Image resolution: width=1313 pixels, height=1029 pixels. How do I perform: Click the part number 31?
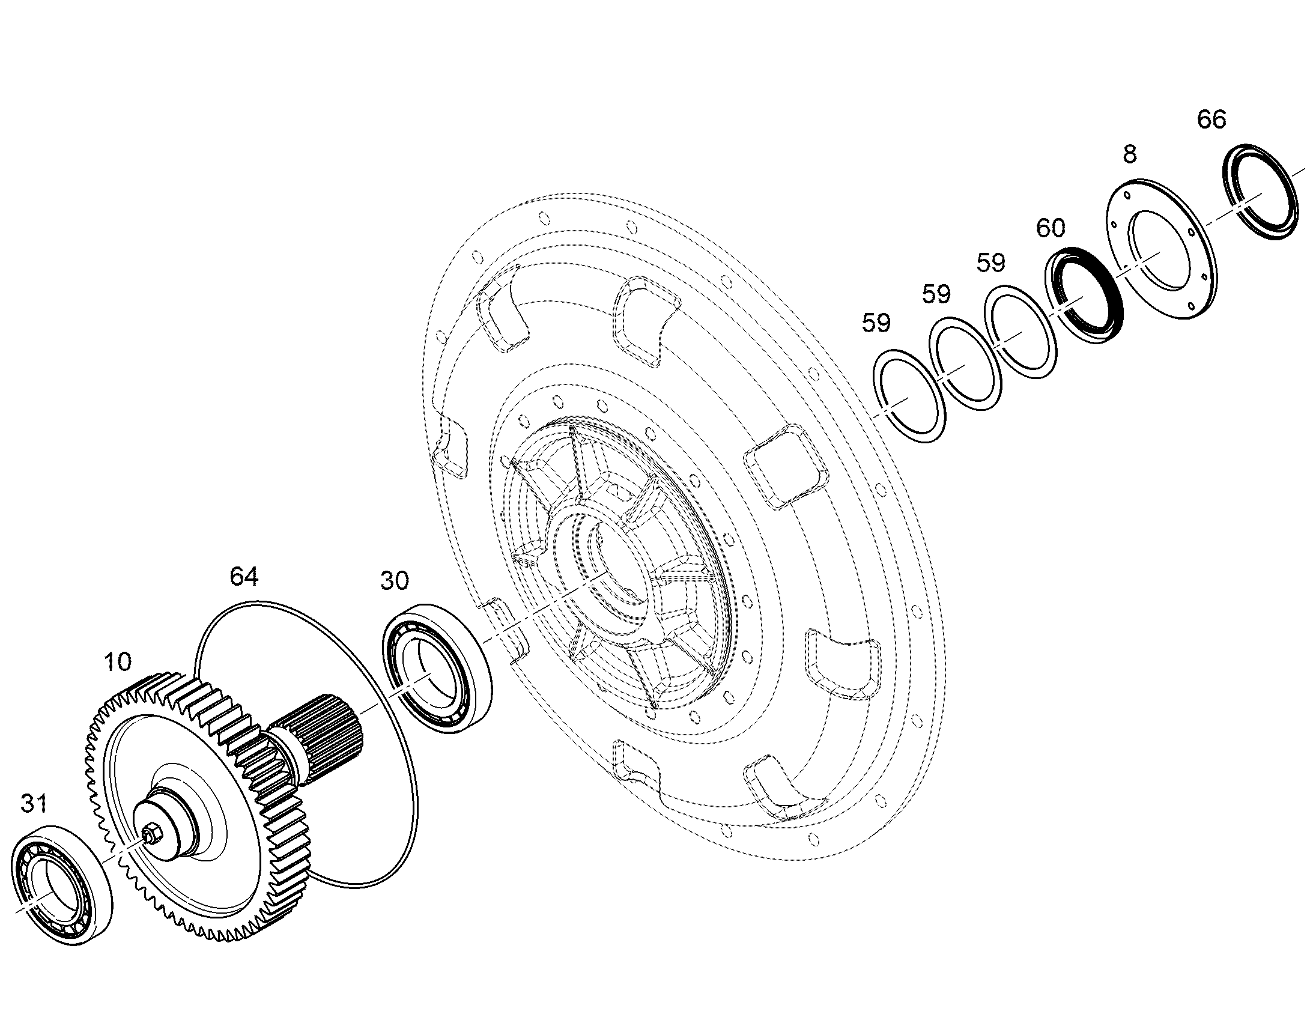click(34, 804)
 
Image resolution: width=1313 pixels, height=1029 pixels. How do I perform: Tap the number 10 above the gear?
click(117, 662)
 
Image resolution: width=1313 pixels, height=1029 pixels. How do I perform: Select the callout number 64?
click(244, 577)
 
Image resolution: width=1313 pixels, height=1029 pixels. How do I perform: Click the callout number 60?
click(1051, 228)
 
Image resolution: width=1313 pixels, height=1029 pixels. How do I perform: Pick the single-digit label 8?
click(1130, 155)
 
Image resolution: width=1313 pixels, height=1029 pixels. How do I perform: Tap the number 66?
click(1212, 120)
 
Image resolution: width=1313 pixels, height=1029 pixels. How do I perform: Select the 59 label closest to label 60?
click(991, 263)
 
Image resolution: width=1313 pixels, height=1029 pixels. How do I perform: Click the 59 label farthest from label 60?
click(876, 323)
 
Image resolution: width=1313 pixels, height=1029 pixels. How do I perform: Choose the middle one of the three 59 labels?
click(936, 294)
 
